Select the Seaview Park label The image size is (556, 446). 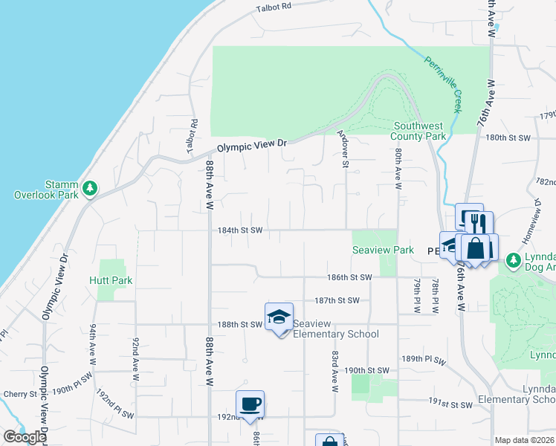tap(383, 251)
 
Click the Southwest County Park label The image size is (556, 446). tap(419, 131)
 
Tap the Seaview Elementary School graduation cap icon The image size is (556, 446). tap(279, 317)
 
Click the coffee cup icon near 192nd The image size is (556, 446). tap(250, 404)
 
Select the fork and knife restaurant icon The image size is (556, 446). tap(479, 224)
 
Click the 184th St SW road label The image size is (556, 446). tap(240, 230)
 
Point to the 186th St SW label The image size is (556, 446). tap(349, 277)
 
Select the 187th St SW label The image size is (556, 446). tap(337, 300)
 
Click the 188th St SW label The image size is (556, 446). tap(240, 324)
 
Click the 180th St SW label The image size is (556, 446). tap(508, 138)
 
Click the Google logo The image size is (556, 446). tap(25, 436)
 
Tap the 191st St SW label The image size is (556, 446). tap(450, 404)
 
